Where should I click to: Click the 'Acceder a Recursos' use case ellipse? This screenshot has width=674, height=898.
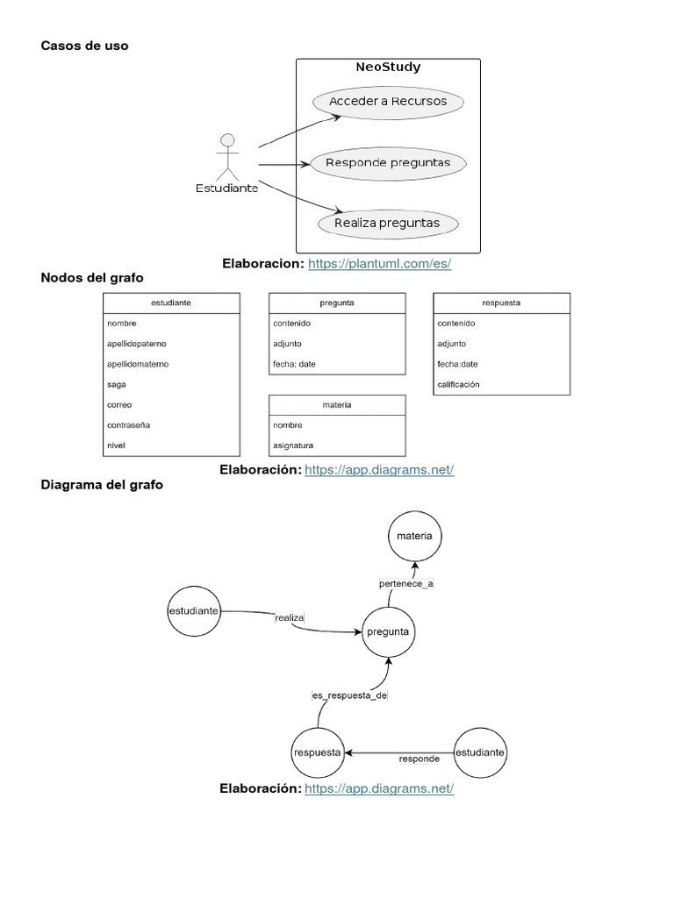(x=387, y=102)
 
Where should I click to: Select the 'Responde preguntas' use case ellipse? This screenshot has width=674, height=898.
(x=387, y=163)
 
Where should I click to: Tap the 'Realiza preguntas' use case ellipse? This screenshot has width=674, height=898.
(x=387, y=224)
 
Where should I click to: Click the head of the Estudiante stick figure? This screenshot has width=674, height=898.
(x=227, y=140)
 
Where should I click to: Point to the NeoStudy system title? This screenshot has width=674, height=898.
(x=388, y=68)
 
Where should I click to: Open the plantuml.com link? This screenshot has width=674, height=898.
(x=380, y=263)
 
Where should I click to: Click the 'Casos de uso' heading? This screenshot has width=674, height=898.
(x=84, y=46)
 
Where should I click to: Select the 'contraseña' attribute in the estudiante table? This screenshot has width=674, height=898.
(x=129, y=425)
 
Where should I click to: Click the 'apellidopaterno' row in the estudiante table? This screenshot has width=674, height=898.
(x=137, y=344)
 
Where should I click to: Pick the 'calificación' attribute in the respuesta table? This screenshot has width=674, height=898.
(x=458, y=384)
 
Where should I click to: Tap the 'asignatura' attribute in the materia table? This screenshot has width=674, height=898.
(x=293, y=445)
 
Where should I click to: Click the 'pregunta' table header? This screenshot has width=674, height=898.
(x=337, y=303)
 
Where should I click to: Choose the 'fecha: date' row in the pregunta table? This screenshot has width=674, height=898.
(x=294, y=364)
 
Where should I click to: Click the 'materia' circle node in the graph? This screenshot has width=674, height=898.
(x=415, y=535)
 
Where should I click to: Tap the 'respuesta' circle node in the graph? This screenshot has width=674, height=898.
(x=317, y=752)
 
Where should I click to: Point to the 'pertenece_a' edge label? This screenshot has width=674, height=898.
(x=405, y=583)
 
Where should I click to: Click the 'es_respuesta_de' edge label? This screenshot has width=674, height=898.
(x=349, y=695)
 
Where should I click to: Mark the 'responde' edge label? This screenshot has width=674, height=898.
(x=419, y=759)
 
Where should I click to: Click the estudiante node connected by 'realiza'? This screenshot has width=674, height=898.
(x=192, y=610)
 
